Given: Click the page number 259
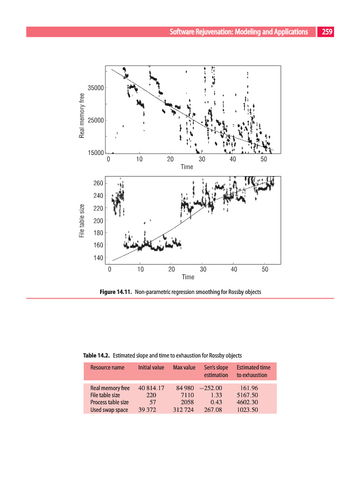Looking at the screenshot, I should [x=327, y=32].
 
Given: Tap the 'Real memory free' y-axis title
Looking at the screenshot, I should [x=82, y=116].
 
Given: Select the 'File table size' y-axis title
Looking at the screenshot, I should [x=82, y=221].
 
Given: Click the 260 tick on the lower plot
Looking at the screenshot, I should [x=98, y=183].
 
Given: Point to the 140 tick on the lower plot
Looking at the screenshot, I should [x=98, y=258].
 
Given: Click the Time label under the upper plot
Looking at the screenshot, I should [x=187, y=167].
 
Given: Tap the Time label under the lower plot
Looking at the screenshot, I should [x=188, y=277].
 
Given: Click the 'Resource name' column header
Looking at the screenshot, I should [x=107, y=368].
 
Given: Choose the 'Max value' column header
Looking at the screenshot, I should [x=184, y=368].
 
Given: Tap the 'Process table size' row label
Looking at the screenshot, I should [x=109, y=403].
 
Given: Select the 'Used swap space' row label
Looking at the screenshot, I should [x=109, y=410].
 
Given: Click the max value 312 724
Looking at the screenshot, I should [x=183, y=410].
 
